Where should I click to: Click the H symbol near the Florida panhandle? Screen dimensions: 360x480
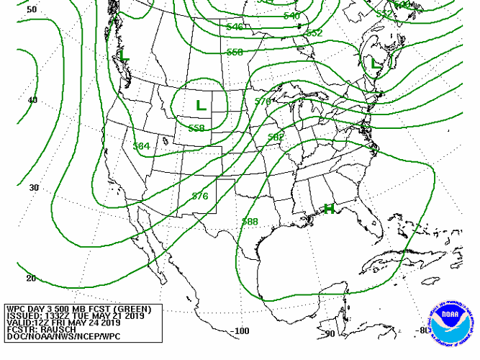(x=329, y=209)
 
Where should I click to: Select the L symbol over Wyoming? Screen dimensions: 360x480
(x=201, y=104)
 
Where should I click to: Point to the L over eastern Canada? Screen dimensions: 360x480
(x=375, y=63)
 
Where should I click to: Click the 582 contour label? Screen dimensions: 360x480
(x=276, y=137)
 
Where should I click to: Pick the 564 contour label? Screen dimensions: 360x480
(x=142, y=146)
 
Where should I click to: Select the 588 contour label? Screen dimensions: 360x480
(x=250, y=222)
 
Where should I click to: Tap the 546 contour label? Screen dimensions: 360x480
(x=235, y=27)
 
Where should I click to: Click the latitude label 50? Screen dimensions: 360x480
(x=32, y=10)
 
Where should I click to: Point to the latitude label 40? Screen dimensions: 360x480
(x=32, y=100)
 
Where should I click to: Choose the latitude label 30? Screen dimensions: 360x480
(x=33, y=187)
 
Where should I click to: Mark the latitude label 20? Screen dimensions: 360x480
(x=31, y=278)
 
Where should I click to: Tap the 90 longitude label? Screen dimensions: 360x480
(x=330, y=333)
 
